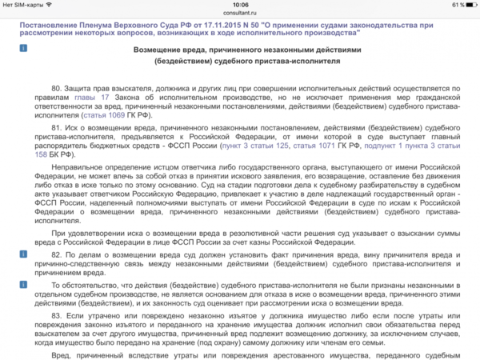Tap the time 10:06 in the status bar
pos(239,5)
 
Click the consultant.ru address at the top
pos(239,14)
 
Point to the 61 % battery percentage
pos(447,5)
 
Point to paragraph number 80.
pos(57,86)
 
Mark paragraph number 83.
pos(57,314)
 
